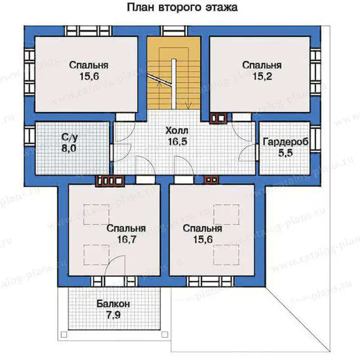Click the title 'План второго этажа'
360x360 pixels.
182,7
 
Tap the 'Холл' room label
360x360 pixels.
177,131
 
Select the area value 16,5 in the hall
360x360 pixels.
177,142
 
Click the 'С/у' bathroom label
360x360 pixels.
70,138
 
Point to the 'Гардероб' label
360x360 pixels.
285,142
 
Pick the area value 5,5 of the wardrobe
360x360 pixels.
286,153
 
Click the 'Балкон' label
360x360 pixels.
113,304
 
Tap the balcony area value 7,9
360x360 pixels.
113,315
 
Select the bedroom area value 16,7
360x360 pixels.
127,239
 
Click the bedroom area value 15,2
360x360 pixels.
262,76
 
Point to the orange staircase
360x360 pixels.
174,73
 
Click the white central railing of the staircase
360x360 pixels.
174,84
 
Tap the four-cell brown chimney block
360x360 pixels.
110,180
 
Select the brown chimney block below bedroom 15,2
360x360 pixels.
218,118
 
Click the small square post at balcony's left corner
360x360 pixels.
64,334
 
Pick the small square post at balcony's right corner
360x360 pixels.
165,334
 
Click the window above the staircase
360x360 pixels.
174,31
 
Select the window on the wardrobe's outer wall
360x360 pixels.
315,139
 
